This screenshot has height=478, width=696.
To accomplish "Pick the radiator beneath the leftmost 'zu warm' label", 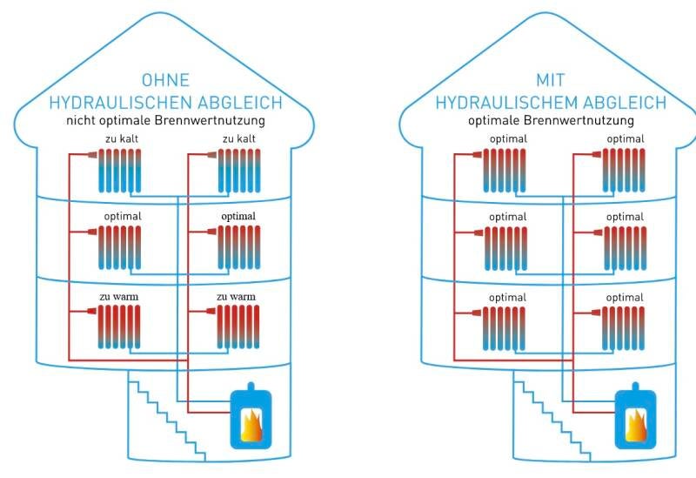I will (119, 327).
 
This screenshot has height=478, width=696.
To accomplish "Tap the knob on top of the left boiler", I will (250, 386).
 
